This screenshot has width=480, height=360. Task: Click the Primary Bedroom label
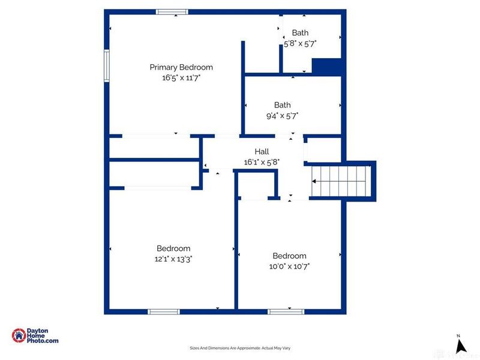pyautogui.click(x=181, y=67)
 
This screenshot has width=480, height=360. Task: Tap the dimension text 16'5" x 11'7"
pyautogui.click(x=181, y=77)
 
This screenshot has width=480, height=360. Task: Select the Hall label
pyautogui.click(x=262, y=152)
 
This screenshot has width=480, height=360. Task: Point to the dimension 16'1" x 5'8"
pyautogui.click(x=262, y=162)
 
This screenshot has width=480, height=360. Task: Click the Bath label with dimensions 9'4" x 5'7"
pyautogui.click(x=282, y=105)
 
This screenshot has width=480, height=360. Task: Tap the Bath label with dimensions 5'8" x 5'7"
pyautogui.click(x=300, y=33)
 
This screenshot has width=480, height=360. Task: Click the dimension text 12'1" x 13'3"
pyautogui.click(x=173, y=259)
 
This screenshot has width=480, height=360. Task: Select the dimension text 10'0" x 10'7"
pyautogui.click(x=289, y=266)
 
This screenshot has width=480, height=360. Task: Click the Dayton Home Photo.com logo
pyautogui.click(x=35, y=336)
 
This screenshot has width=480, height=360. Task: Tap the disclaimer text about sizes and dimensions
pyautogui.click(x=240, y=348)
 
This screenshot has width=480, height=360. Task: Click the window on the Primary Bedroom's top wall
pyautogui.click(x=172, y=11)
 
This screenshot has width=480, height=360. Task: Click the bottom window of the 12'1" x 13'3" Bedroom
pyautogui.click(x=164, y=311)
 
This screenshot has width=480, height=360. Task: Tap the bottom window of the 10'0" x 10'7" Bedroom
pyautogui.click(x=286, y=311)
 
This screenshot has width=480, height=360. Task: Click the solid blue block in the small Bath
pyautogui.click(x=326, y=67)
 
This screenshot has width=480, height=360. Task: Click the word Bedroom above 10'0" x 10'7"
pyautogui.click(x=289, y=256)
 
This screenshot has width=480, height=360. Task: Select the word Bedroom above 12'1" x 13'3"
pyautogui.click(x=173, y=248)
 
